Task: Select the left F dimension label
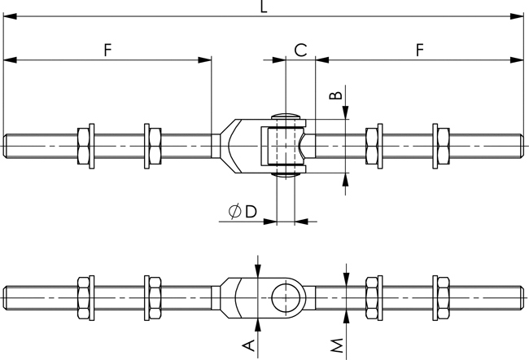[x=107, y=50]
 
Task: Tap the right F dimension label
[x=419, y=50]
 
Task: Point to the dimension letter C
[x=299, y=50]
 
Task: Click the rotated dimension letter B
[x=334, y=96]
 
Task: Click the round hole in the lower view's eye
[x=286, y=297]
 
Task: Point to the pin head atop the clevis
[x=286, y=116]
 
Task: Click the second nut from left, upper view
[x=152, y=147]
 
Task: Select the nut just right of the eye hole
[x=374, y=297]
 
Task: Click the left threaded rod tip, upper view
[x=7, y=147]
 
